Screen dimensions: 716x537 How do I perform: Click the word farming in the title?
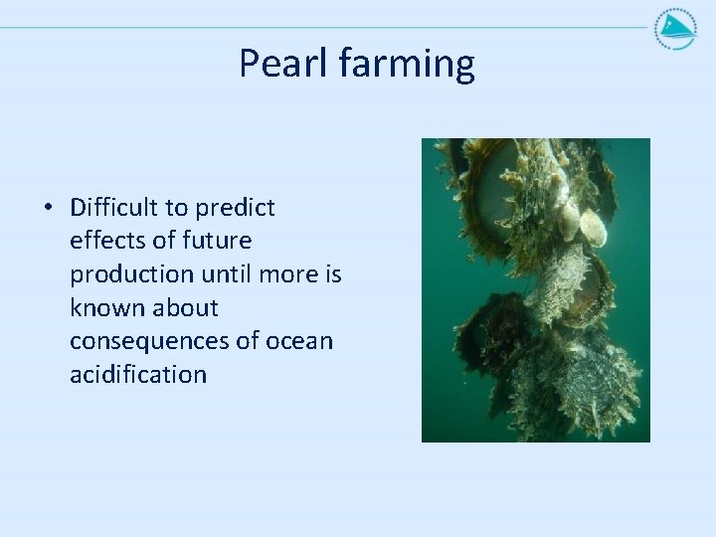coord(407,64)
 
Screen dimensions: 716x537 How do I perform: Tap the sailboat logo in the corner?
coord(676,29)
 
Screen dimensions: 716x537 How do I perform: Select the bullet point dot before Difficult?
coord(48,207)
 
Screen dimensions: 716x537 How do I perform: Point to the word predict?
coord(235,209)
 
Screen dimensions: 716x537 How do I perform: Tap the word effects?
coord(107,241)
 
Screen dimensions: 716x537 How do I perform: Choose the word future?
coord(217,241)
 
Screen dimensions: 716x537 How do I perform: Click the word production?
coord(132,275)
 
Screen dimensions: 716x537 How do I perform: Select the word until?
coord(226,274)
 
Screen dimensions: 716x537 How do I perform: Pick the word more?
coord(288,275)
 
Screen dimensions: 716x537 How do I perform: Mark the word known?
coord(107,307)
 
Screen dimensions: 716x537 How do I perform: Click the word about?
coord(185,307)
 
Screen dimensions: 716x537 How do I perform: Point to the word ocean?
coord(299,342)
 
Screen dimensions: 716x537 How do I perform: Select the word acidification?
coord(138,375)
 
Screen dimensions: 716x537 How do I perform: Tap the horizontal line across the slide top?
coord(324,28)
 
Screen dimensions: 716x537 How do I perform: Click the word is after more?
coord(334,274)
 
